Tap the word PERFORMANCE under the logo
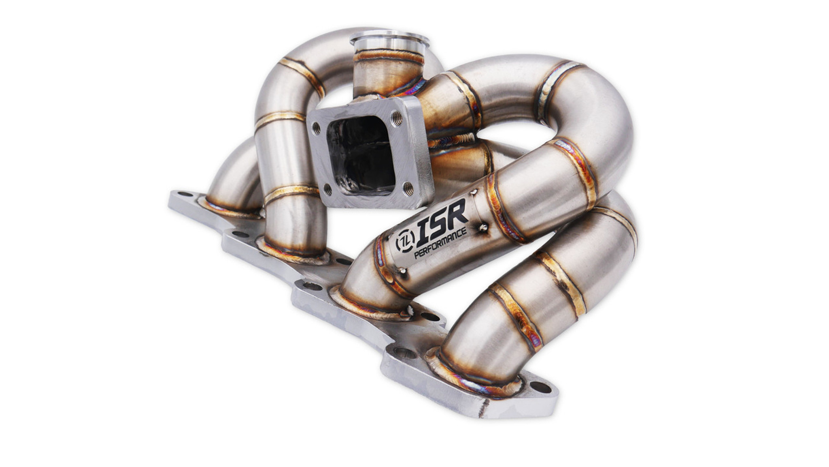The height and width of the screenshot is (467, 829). point(440,242)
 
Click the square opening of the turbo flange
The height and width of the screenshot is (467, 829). point(360,154)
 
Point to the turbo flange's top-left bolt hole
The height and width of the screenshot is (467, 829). point(317,129)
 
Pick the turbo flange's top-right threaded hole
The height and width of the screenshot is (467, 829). point(397,118)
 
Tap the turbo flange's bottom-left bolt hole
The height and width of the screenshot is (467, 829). point(327,189)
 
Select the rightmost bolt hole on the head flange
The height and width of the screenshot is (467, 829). point(540,388)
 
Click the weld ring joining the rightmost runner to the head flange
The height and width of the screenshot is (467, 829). point(478,377)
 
